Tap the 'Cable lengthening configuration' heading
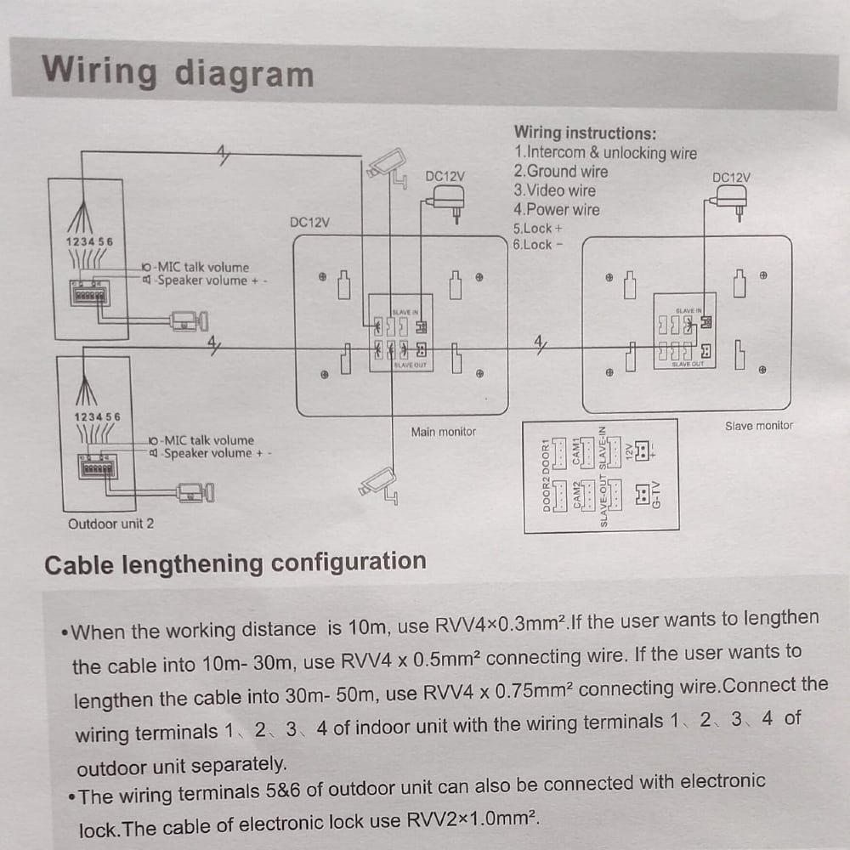[x=235, y=563]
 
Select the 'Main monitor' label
[x=443, y=432]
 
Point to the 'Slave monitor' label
[x=758, y=425]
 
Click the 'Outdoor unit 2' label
[x=110, y=524]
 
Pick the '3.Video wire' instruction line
[x=554, y=190]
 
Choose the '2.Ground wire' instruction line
[x=560, y=172]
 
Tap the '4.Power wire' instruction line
[x=556, y=209]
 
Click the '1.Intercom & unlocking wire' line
[x=604, y=153]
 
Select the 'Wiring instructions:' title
[x=585, y=133]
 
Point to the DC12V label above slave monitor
[x=731, y=178]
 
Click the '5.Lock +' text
[x=537, y=229]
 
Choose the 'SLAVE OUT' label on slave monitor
[x=688, y=364]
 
